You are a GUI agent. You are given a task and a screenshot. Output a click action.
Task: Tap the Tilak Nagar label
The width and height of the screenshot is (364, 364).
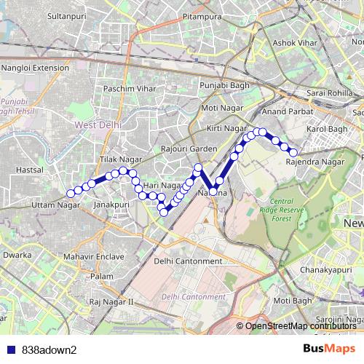119,159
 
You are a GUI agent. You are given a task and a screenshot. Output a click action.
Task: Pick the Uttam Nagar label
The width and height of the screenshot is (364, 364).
55,205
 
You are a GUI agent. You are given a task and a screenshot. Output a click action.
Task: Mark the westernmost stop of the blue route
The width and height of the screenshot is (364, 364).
71,193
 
